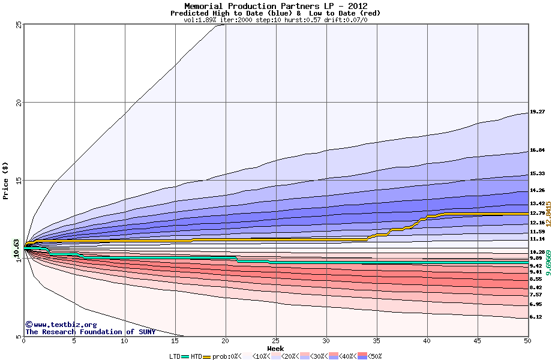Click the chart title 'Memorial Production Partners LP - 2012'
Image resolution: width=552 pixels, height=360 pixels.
pyautogui.click(x=275, y=6)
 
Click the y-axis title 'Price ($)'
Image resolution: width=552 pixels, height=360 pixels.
pyautogui.click(x=6, y=180)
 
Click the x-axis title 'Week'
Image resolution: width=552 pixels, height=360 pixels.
pyautogui.click(x=275, y=348)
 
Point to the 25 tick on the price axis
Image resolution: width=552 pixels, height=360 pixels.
pyautogui.click(x=19, y=25)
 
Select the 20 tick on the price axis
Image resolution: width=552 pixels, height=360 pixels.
pyautogui.click(x=19, y=103)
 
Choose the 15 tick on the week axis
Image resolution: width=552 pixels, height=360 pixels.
pyautogui.click(x=175, y=341)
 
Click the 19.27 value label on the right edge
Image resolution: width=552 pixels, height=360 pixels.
pyautogui.click(x=537, y=112)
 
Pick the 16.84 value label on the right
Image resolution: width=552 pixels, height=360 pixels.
pyautogui.click(x=537, y=150)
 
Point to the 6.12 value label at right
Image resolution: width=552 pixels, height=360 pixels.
pyautogui.click(x=536, y=317)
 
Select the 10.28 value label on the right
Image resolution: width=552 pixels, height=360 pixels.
pyautogui.click(x=537, y=252)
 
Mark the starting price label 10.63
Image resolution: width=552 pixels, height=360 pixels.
pyautogui.click(x=17, y=248)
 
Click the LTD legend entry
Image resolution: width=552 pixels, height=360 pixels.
pyautogui.click(x=175, y=356)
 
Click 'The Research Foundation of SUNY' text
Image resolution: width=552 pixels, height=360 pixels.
pyautogui.click(x=90, y=332)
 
